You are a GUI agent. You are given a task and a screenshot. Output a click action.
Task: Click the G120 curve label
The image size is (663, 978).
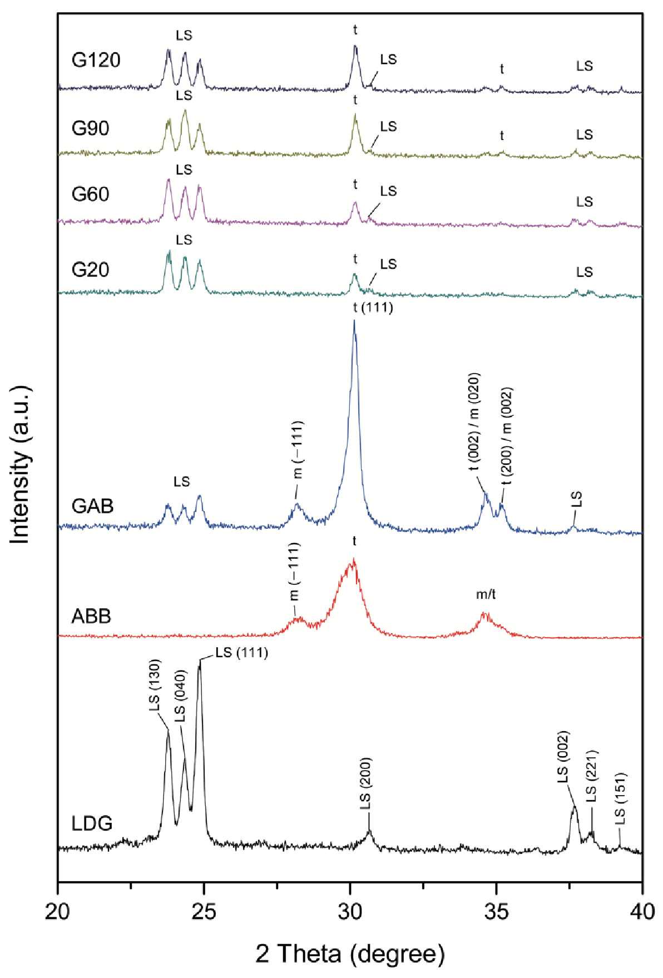96,60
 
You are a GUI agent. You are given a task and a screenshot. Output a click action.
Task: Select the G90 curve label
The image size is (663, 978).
90,128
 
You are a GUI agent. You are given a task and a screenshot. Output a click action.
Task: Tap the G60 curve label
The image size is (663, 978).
90,195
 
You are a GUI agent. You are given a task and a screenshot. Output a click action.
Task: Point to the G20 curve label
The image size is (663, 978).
90,270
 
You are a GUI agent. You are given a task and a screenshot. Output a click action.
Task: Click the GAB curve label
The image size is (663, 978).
92,506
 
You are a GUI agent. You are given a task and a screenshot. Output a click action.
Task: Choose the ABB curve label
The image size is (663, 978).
91,617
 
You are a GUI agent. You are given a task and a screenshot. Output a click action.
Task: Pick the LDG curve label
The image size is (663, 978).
92,823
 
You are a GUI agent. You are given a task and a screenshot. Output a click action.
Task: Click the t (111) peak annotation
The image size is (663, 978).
373,307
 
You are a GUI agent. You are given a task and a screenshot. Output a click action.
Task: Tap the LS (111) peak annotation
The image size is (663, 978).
241,652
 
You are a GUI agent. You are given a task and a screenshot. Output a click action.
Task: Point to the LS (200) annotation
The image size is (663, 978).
365,784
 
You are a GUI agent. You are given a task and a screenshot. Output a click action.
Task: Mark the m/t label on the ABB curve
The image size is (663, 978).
486,594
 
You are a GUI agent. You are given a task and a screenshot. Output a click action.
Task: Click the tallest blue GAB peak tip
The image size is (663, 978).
354,321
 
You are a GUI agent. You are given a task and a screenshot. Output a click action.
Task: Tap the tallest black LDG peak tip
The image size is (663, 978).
200,662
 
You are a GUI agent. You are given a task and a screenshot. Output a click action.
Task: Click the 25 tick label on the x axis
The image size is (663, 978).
204,911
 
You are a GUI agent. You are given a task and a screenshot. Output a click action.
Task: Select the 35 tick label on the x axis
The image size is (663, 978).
496,911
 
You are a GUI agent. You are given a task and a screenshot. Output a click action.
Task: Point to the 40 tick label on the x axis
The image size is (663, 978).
642,911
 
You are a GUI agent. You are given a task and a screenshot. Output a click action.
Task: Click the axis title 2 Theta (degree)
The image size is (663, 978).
350,954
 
